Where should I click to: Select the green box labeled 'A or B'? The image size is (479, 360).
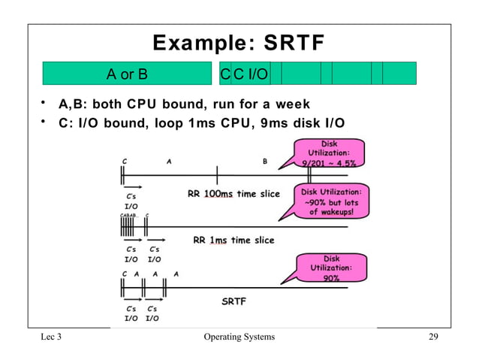pyautogui.click(x=127, y=74)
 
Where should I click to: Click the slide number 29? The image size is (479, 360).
pyautogui.click(x=433, y=337)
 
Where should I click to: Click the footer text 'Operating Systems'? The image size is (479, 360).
pyautogui.click(x=239, y=337)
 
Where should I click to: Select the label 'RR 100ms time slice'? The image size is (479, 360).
pyautogui.click(x=233, y=194)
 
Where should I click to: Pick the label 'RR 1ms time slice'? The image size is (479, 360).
pyautogui.click(x=233, y=241)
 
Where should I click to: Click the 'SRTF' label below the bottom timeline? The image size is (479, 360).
pyautogui.click(x=233, y=301)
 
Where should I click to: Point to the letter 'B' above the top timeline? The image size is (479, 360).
pyautogui.click(x=264, y=160)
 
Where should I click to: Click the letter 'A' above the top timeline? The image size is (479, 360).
pyautogui.click(x=169, y=160)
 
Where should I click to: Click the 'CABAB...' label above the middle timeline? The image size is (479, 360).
pyautogui.click(x=130, y=216)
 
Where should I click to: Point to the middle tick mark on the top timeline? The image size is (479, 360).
pyautogui.click(x=217, y=176)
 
